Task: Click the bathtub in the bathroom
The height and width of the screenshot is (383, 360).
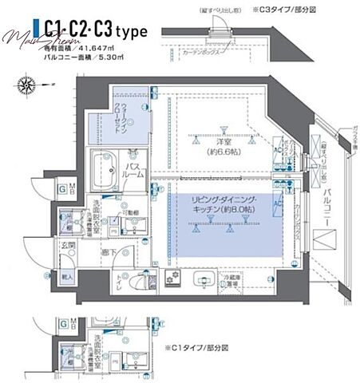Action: point(103,170)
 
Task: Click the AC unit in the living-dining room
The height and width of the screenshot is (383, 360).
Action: point(279,205)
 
